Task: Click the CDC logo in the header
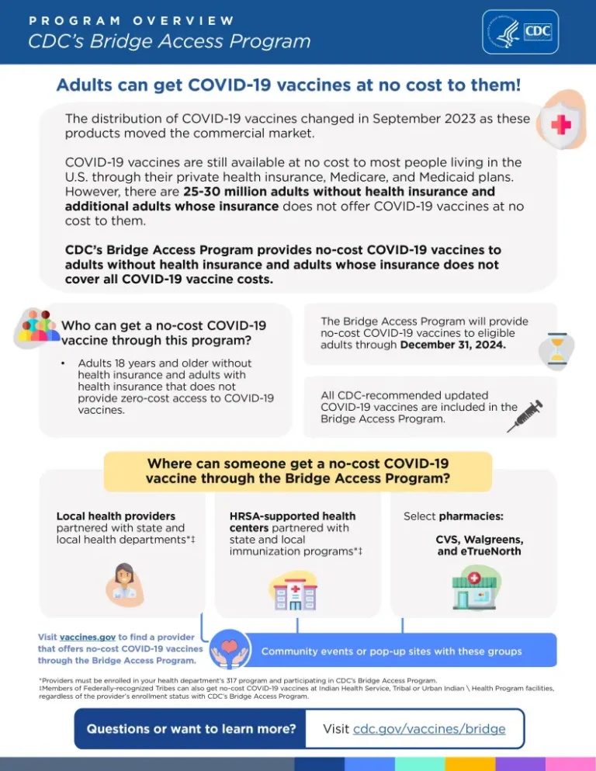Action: pos(520,32)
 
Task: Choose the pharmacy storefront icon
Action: pos(475,588)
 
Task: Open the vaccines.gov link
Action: pos(88,637)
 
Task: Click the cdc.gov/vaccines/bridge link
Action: pos(429,729)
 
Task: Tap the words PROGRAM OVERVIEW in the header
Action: pos(131,20)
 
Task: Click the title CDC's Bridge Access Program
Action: pos(169,42)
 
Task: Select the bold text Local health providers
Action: pos(116,516)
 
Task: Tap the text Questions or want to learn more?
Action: pos(191,729)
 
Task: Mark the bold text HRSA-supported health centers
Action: pos(293,522)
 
